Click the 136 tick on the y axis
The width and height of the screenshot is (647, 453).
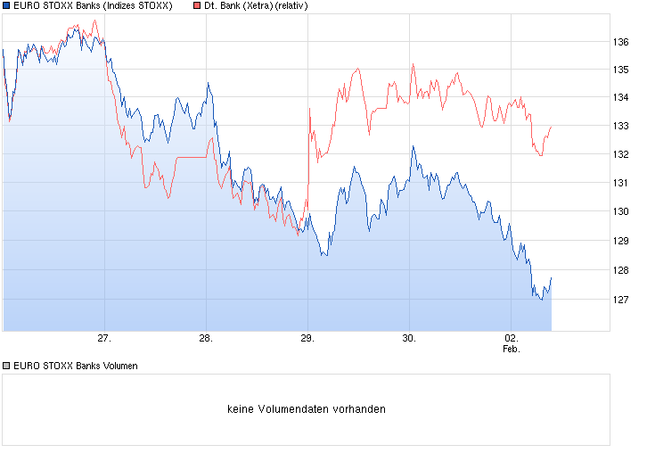point(621,42)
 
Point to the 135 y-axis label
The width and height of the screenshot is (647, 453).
point(621,70)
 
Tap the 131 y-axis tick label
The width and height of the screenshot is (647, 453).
point(621,183)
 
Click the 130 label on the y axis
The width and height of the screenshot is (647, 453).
point(621,211)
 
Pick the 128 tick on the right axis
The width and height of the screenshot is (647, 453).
point(621,270)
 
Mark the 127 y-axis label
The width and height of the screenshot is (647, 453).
point(621,300)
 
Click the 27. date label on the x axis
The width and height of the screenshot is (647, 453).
point(104,339)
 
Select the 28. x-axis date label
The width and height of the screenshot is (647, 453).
point(205,339)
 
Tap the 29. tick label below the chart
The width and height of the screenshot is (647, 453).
point(307,339)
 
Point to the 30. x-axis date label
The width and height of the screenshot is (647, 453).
point(408,339)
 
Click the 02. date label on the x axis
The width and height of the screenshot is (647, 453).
point(511,339)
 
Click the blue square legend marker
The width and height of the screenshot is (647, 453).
point(7,6)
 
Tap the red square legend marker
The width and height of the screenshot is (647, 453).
point(196,6)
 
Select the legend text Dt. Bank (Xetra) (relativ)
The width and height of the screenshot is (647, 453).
point(256,6)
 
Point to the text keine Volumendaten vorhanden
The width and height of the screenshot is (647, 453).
point(307,409)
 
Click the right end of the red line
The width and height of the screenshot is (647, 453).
point(552,127)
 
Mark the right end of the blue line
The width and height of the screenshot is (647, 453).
point(552,278)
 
